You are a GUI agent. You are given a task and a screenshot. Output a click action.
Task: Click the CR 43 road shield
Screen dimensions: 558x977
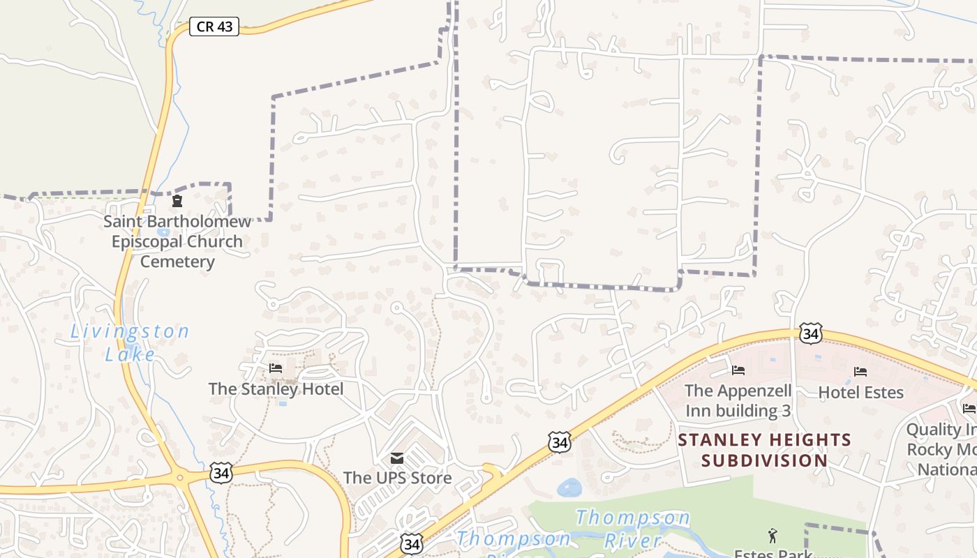(x=214, y=27)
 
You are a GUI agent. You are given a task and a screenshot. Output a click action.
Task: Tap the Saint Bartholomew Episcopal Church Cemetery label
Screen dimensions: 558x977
(x=177, y=241)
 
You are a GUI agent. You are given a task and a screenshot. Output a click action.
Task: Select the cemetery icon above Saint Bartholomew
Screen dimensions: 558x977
(x=177, y=202)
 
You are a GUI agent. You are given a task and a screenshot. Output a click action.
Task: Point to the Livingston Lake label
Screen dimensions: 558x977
(x=130, y=342)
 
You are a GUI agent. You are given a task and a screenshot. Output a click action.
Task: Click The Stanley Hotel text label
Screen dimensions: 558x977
(x=276, y=389)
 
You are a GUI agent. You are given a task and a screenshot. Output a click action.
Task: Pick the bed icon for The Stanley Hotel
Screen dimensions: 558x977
(x=276, y=368)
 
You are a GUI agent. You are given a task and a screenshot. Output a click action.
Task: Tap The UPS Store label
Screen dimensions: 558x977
(x=397, y=478)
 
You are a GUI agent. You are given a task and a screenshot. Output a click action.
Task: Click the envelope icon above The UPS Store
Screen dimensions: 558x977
(x=397, y=458)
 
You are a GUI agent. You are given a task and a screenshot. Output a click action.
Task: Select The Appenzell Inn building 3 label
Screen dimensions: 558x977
(x=738, y=400)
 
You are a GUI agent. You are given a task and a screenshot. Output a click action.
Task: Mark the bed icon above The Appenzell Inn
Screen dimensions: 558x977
(x=738, y=370)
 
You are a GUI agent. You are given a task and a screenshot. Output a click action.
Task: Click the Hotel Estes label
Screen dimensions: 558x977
(x=860, y=392)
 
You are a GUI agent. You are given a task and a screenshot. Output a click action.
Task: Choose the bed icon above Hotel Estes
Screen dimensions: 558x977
(x=860, y=372)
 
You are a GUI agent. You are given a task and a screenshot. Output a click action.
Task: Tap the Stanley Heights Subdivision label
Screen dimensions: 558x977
(x=765, y=450)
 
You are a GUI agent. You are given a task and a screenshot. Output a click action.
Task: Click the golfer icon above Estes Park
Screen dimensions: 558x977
(x=773, y=536)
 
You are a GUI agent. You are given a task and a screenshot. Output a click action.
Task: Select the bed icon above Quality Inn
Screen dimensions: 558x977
(x=969, y=408)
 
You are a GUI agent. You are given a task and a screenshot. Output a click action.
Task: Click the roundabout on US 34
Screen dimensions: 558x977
(x=180, y=478)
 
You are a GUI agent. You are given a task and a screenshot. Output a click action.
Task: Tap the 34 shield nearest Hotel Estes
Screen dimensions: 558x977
(x=811, y=333)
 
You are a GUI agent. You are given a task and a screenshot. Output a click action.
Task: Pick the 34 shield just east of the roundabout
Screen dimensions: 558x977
(x=221, y=473)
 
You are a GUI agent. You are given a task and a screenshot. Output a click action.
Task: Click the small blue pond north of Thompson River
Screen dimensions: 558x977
(x=569, y=488)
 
